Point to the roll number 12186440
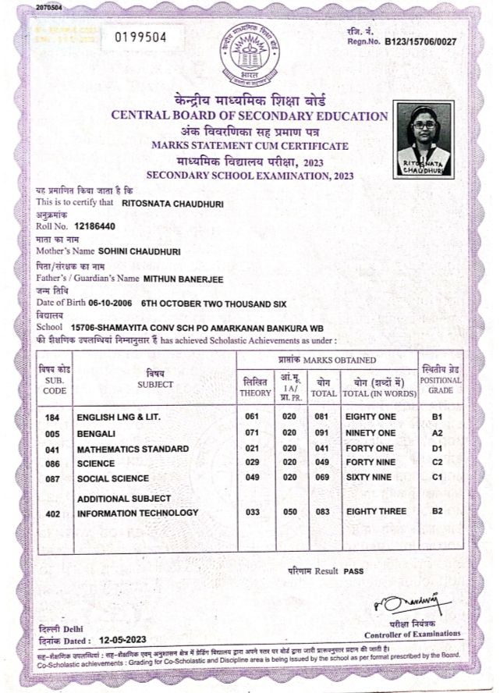(94, 226)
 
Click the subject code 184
(53, 418)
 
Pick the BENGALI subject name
(97, 433)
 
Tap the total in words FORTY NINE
(371, 464)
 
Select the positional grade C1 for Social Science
(438, 478)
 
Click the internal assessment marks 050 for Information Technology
(289, 513)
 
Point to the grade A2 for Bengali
(438, 433)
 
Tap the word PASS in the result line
(353, 571)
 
